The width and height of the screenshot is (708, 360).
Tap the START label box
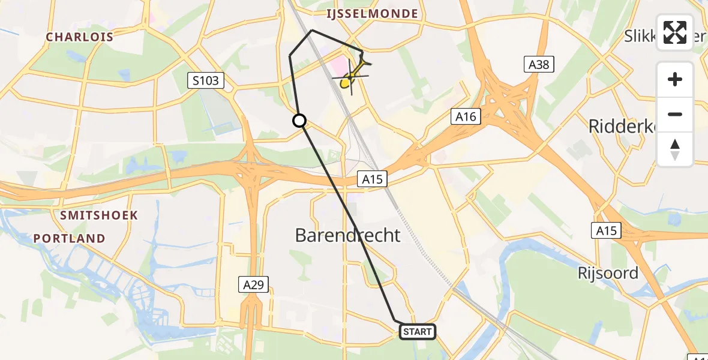[x=417, y=331]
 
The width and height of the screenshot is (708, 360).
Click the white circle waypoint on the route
[x=299, y=121]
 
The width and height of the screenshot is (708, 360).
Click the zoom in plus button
[x=675, y=79]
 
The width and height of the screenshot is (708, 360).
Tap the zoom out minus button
[x=675, y=114]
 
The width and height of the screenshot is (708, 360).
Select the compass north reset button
[x=675, y=149]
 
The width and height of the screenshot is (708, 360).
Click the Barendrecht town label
[x=347, y=235]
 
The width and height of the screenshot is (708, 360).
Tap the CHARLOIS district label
[x=80, y=37]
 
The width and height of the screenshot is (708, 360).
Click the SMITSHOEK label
[x=99, y=215]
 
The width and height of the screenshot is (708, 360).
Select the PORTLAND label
[x=69, y=238]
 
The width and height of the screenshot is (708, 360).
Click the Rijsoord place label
[x=607, y=273]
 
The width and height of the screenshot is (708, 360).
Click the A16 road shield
[x=466, y=117]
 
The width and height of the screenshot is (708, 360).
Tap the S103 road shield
[x=205, y=80]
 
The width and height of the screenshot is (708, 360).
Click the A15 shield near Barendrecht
[x=373, y=178]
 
